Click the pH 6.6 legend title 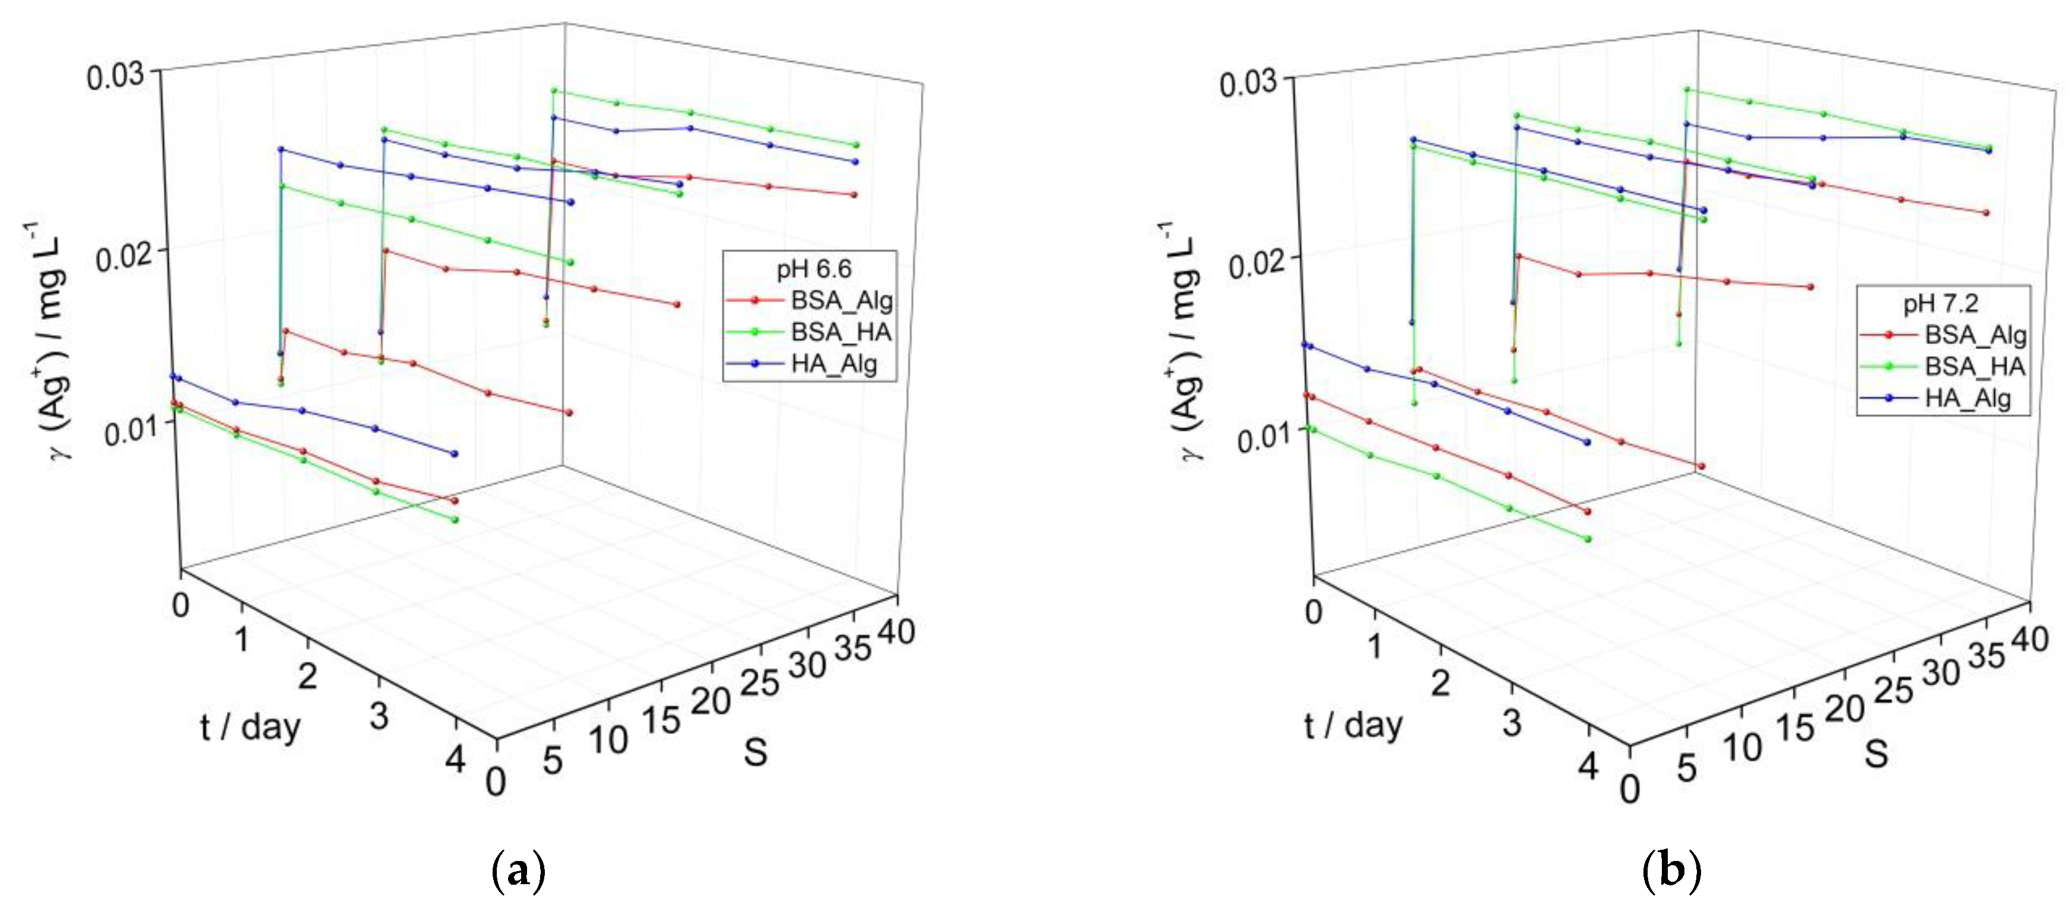pos(813,269)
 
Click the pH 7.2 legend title pos(1940,303)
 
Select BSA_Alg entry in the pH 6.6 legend pos(840,301)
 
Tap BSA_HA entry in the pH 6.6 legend pos(840,332)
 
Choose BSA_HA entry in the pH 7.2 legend pos(1973,367)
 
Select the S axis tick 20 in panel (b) pos(1843,709)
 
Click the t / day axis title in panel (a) pos(250,727)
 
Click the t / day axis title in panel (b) pos(1353,725)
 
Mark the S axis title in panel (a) pos(754,752)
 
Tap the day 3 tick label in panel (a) pos(379,716)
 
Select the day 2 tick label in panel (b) pos(1440,682)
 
